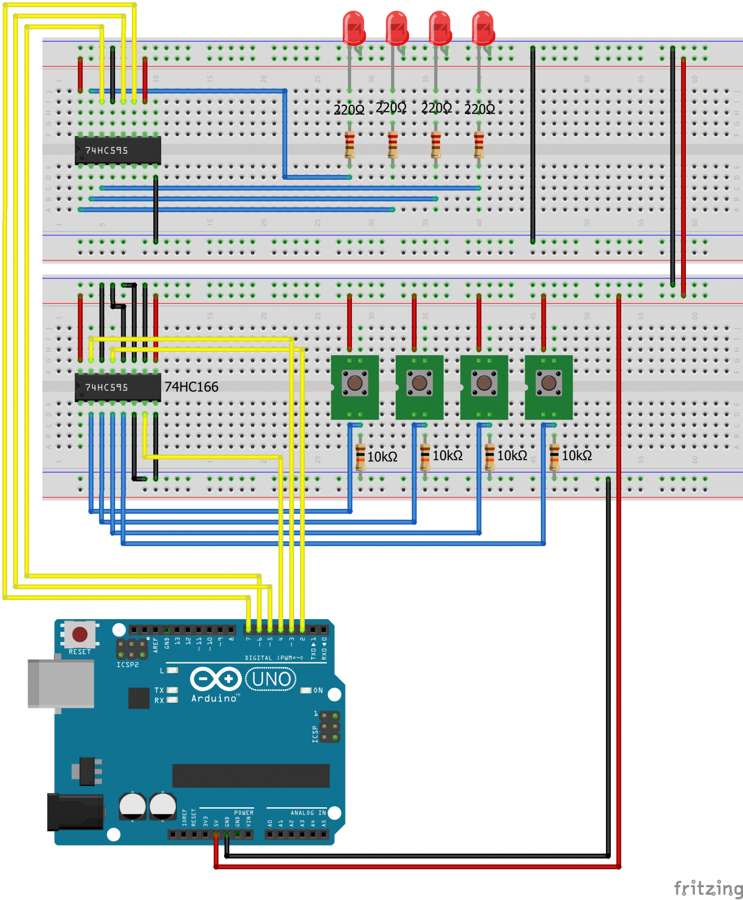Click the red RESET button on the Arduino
point(80,634)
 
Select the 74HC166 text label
point(191,387)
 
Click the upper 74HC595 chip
point(118,150)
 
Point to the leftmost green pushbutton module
point(355,387)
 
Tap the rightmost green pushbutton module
point(548,387)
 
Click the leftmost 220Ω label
point(349,109)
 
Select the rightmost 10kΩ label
point(576,456)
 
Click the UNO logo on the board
point(271,679)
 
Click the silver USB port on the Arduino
point(61,683)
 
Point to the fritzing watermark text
point(708,889)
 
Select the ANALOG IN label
point(308,813)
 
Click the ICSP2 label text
point(127,664)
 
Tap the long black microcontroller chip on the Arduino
point(250,776)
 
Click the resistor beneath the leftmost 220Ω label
point(349,145)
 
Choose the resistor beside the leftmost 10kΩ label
point(360,457)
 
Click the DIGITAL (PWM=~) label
point(274,658)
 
